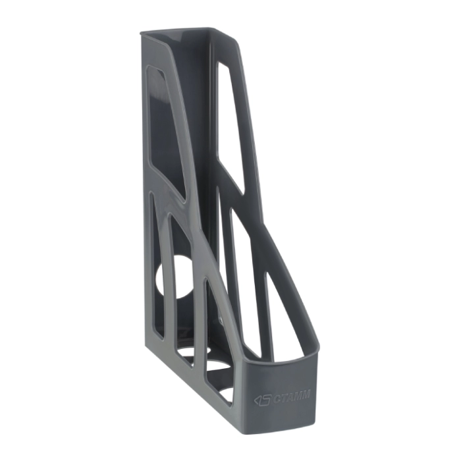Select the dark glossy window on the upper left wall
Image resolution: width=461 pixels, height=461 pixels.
(x=165, y=129)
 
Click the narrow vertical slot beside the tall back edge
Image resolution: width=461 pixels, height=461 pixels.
(x=157, y=265)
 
